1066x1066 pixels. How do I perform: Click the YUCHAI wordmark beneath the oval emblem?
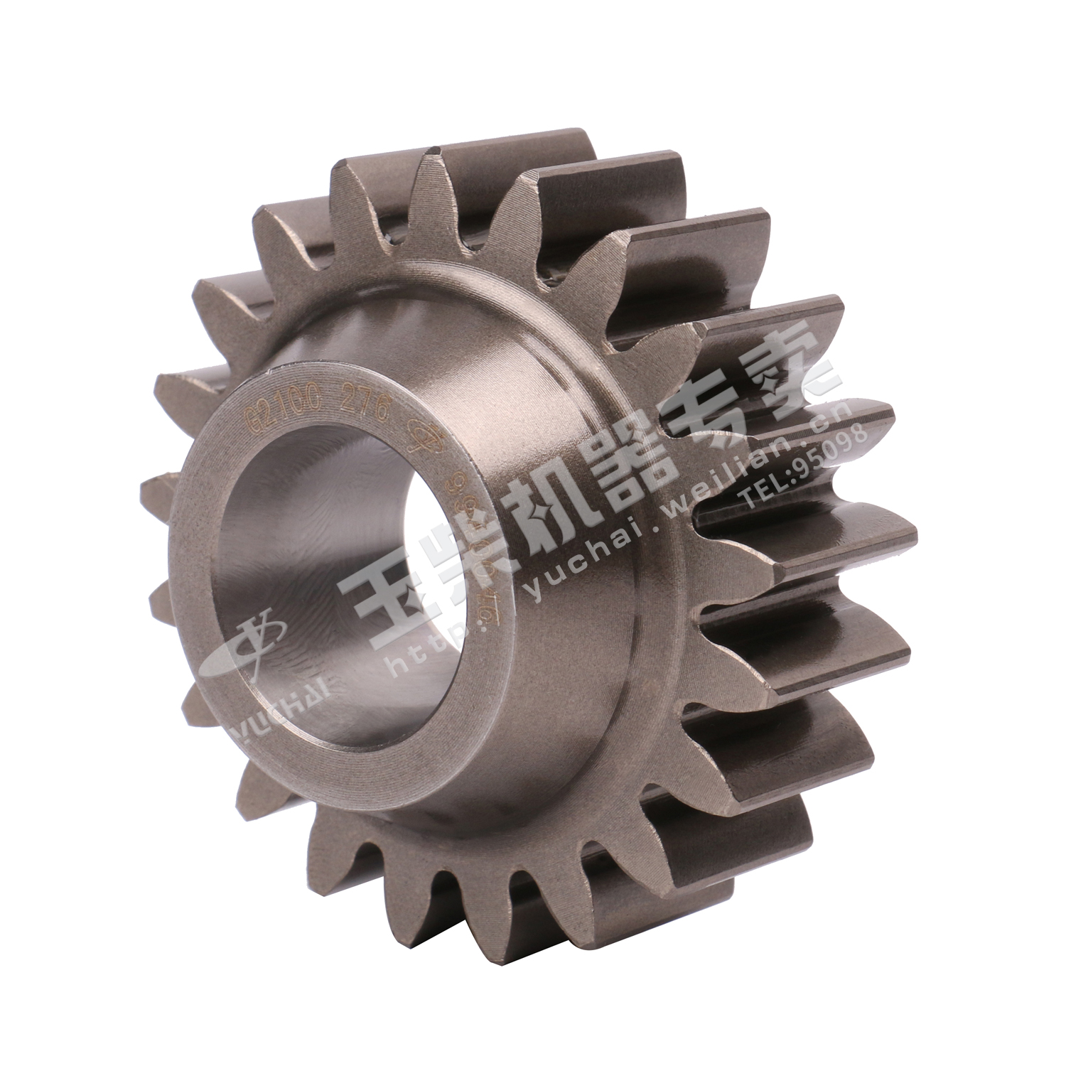[274, 704]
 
